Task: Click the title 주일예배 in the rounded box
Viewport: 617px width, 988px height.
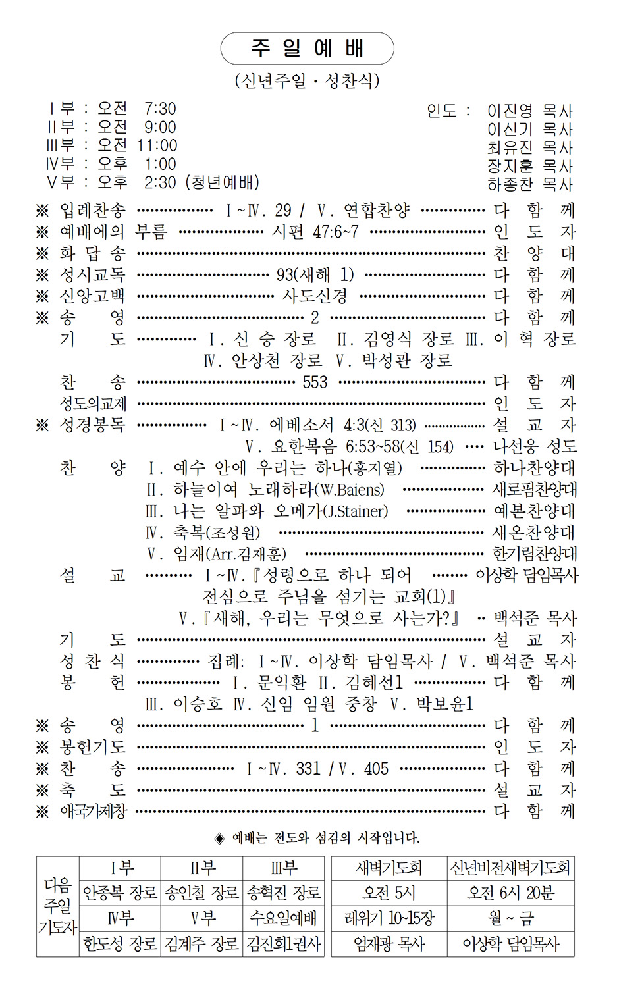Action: pyautogui.click(x=307, y=48)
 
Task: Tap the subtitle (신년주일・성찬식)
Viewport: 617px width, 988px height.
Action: pyautogui.click(x=307, y=80)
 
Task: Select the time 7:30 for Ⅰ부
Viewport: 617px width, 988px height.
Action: pyautogui.click(x=160, y=108)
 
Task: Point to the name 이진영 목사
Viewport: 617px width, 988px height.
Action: pyautogui.click(x=529, y=111)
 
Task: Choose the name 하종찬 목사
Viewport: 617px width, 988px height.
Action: pyautogui.click(x=529, y=184)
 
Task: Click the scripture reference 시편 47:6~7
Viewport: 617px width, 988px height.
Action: pyautogui.click(x=315, y=232)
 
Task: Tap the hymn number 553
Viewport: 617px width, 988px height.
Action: pyautogui.click(x=315, y=382)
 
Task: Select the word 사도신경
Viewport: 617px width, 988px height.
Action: pyautogui.click(x=315, y=296)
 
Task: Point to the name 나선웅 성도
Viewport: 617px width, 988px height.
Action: pyautogui.click(x=535, y=446)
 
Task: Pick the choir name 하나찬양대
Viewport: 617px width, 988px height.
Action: pyautogui.click(x=534, y=468)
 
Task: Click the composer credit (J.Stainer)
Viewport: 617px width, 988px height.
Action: pyautogui.click(x=356, y=511)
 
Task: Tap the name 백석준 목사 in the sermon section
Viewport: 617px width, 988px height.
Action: pyautogui.click(x=535, y=618)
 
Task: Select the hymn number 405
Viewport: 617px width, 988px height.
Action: pyautogui.click(x=376, y=768)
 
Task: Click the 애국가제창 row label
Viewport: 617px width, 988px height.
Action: pyautogui.click(x=93, y=811)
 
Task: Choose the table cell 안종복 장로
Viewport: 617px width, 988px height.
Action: pyautogui.click(x=120, y=893)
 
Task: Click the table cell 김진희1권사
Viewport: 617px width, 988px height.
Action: pyautogui.click(x=283, y=944)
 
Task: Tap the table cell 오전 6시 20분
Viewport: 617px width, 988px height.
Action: pyautogui.click(x=510, y=893)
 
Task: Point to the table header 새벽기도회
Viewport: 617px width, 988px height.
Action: pyautogui.click(x=389, y=868)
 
